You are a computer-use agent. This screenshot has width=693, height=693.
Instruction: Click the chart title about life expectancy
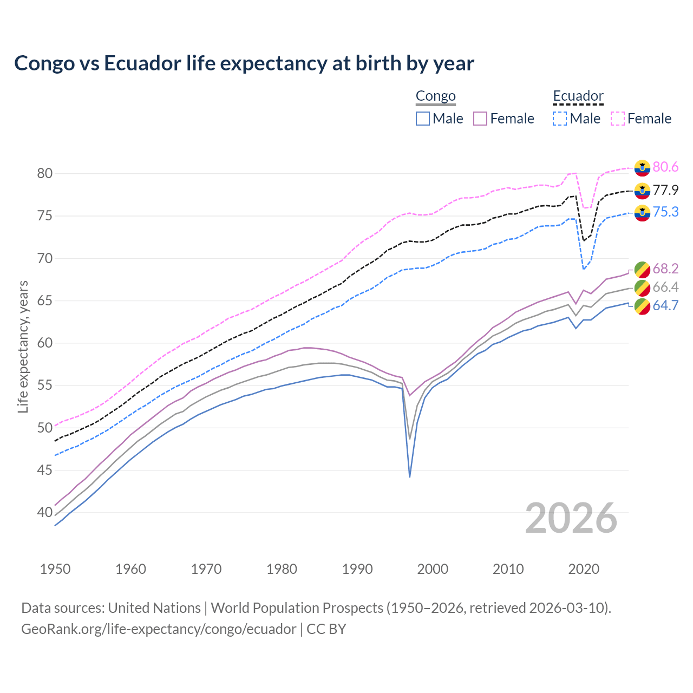coord(244,63)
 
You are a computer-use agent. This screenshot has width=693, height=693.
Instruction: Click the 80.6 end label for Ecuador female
coord(665,167)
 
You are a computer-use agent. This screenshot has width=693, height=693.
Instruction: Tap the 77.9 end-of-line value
coord(665,190)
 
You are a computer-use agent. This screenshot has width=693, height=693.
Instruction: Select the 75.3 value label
coord(665,212)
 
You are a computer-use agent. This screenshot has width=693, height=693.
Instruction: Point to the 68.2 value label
coord(665,269)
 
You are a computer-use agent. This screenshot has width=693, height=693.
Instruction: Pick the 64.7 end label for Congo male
coord(665,305)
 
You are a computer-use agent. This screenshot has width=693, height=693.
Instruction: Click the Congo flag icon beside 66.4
coord(642,287)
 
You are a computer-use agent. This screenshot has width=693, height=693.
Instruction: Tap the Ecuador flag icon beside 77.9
coord(642,191)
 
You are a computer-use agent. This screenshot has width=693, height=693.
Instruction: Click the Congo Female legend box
coord(480,119)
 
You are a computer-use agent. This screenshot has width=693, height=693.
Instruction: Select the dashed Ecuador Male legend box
coord(560,119)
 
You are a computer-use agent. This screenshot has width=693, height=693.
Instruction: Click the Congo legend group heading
coord(435,96)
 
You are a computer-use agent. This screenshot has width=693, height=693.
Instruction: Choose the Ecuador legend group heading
coord(578,96)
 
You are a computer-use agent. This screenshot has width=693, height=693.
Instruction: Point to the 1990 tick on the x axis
coord(357,569)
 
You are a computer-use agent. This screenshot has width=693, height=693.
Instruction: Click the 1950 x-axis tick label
coord(55,569)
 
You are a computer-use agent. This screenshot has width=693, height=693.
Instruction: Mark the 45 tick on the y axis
coord(45,470)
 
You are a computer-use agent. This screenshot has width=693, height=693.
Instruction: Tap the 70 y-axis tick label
coord(45,258)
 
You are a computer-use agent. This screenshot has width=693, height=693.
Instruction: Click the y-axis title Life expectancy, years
coord(23,346)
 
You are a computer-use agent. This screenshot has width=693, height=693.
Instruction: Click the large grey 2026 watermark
coord(571,518)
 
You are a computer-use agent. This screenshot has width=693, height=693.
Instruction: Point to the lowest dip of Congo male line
coord(410,476)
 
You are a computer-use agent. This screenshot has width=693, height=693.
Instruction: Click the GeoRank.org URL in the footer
coord(159,629)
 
